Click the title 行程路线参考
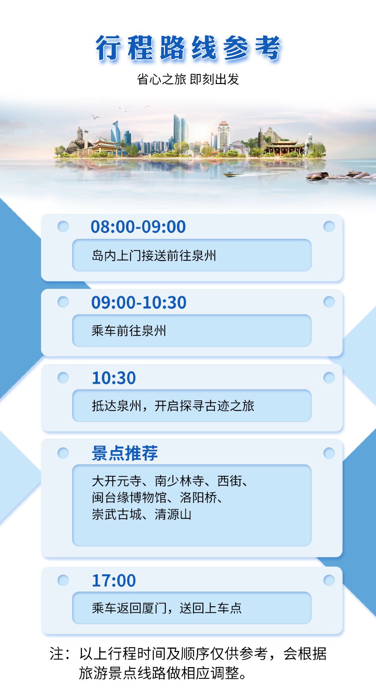188,48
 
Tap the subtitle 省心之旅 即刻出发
188,79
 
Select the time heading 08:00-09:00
138,227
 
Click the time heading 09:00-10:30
139,302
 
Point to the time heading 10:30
114,378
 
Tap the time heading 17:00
114,581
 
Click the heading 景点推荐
125,453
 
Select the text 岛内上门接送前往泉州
154,256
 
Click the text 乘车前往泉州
129,331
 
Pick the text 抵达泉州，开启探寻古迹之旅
173,406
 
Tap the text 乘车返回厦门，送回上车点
167,608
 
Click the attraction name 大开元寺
117,481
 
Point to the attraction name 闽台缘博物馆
129,498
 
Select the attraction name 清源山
173,514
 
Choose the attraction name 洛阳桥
198,498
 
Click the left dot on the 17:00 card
63,580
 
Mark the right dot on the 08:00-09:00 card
329,226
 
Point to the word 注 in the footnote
57,654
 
